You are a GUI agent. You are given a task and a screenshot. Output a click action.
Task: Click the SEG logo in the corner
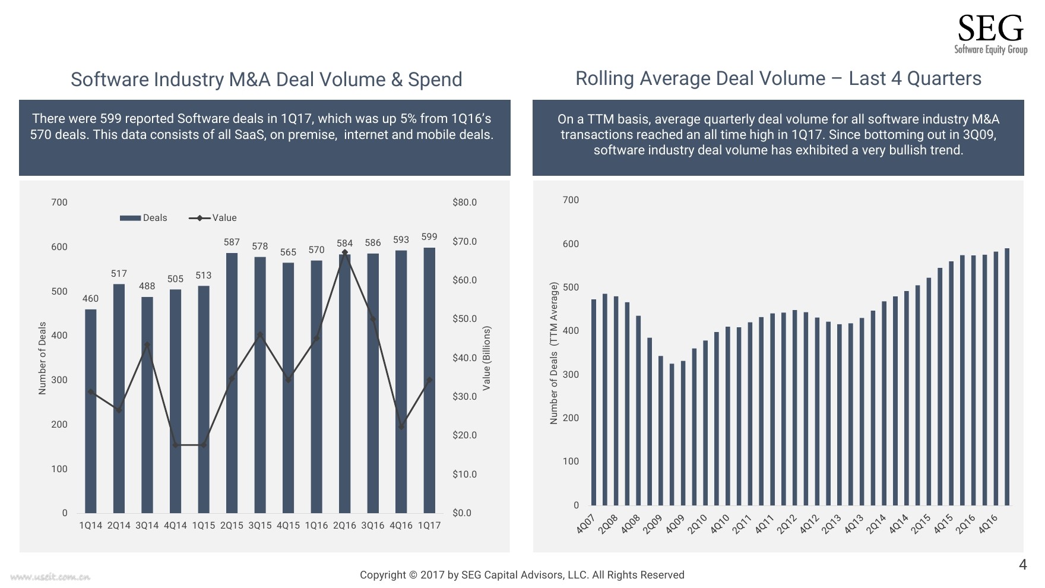tap(990, 34)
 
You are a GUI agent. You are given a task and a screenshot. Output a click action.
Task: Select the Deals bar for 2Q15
tap(232, 383)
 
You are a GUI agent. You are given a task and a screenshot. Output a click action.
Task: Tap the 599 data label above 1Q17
tap(429, 237)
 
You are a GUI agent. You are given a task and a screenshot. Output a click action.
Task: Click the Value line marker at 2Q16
tap(345, 253)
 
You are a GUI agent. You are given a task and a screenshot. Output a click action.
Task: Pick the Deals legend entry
tap(144, 218)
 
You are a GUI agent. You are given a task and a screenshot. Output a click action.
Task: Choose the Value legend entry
tap(213, 218)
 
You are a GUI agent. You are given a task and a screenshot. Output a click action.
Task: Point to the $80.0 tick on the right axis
tap(464, 203)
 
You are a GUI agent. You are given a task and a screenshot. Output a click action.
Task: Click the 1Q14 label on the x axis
tap(91, 526)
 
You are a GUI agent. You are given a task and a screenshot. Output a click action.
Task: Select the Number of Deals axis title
tap(42, 358)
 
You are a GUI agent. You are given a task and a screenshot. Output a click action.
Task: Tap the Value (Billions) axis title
tap(487, 358)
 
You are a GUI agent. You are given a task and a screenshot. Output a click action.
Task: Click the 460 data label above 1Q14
tap(90, 299)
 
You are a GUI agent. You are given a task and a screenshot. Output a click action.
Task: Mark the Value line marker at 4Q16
tap(401, 426)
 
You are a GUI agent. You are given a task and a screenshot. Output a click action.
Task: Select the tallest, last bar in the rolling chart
tap(1007, 377)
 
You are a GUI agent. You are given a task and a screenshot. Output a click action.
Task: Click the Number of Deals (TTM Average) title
tap(554, 353)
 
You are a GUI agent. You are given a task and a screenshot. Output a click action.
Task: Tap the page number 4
tap(1022, 565)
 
